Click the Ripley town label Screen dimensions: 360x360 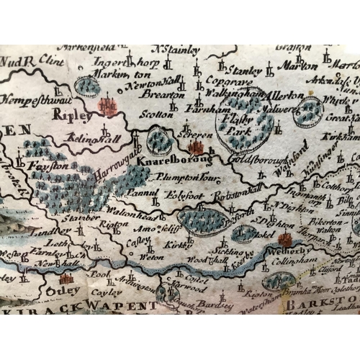pyautogui.click(x=77, y=113)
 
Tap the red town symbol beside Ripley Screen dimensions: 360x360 pyautogui.click(x=107, y=106)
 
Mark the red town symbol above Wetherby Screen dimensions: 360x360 pyautogui.click(x=284, y=239)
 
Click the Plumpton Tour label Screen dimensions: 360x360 pyautogui.click(x=193, y=176)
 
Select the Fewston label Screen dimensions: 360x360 pyautogui.click(x=48, y=166)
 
